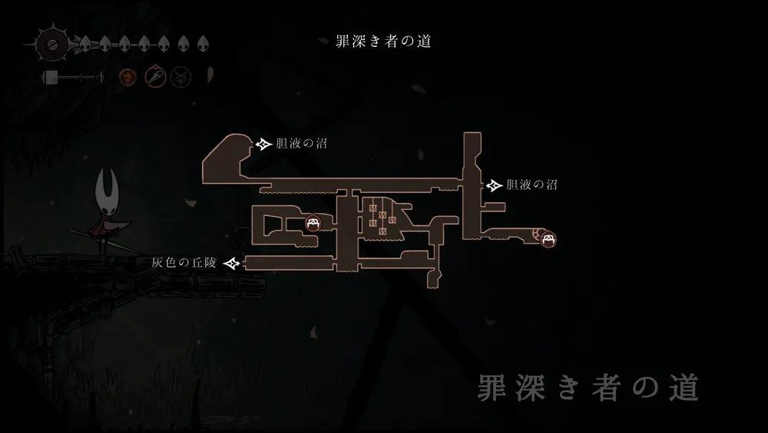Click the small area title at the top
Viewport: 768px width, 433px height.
click(x=384, y=42)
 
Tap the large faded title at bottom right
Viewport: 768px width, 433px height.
click(x=588, y=388)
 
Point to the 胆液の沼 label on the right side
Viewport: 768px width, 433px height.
click(x=531, y=185)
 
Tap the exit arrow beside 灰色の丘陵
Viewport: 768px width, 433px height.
click(x=232, y=264)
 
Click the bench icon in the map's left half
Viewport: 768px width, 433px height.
click(x=313, y=224)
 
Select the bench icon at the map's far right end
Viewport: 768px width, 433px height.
click(x=548, y=239)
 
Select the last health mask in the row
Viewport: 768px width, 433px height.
click(x=203, y=43)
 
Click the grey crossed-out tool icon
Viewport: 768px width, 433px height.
click(x=180, y=76)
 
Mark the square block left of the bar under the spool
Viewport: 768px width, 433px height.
click(x=51, y=77)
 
